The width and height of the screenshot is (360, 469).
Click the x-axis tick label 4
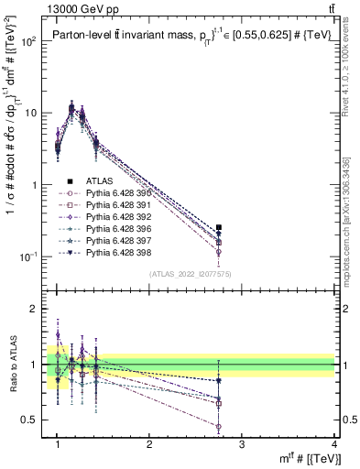[333, 443]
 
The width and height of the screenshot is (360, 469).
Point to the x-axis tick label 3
[241, 443]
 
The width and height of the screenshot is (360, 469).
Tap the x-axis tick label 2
[149, 443]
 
